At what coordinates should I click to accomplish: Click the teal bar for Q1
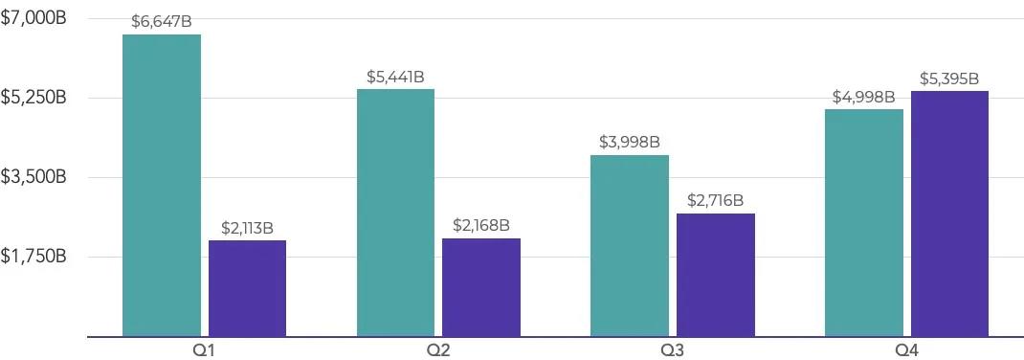(162, 186)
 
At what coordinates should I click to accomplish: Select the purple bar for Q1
(247, 288)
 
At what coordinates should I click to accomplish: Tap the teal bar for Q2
(395, 213)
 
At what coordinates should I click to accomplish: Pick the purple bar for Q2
(480, 287)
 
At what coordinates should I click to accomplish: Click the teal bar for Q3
(629, 246)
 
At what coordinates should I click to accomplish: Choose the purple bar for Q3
(715, 275)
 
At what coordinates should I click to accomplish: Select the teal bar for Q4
(863, 223)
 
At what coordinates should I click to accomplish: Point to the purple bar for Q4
(948, 214)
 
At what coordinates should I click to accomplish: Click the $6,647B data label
(162, 22)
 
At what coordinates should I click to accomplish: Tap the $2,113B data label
(247, 228)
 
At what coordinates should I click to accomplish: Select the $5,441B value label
(395, 77)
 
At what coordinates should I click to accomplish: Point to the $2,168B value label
(480, 226)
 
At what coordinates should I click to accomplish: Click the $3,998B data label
(629, 143)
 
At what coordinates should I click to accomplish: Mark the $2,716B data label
(715, 201)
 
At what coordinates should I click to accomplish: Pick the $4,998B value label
(863, 97)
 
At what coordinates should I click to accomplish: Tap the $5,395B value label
(948, 79)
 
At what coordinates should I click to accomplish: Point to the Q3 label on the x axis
(672, 349)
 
